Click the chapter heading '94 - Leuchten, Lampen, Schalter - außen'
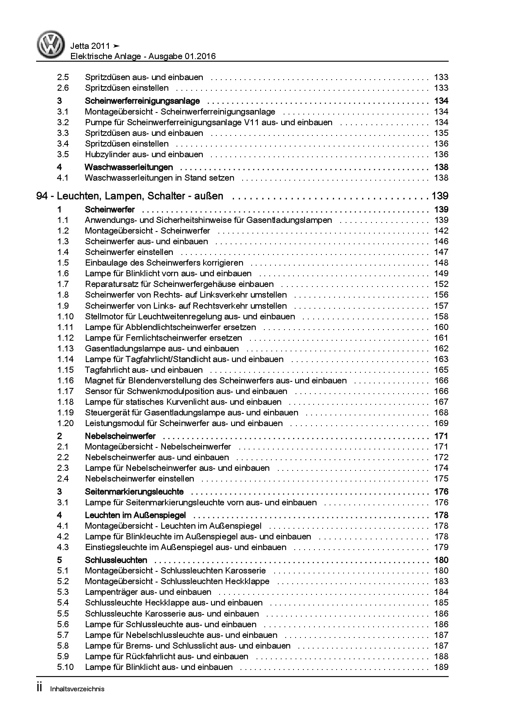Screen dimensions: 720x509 pyautogui.click(x=130, y=196)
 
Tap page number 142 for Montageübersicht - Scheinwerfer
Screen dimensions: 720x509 pyautogui.click(x=441, y=231)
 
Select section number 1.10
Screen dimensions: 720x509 pyautogui.click(x=65, y=316)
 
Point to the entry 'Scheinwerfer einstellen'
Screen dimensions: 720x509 pyautogui.click(x=129, y=252)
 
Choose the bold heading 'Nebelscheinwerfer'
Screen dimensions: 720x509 pyautogui.click(x=120, y=436)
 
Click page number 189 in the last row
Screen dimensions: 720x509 pyautogui.click(x=441, y=667)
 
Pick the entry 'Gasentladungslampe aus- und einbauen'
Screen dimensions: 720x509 pyautogui.click(x=162, y=349)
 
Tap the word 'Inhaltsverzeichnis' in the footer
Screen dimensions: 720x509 pyautogui.click(x=77, y=689)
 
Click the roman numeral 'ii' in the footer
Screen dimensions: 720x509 pyautogui.click(x=39, y=688)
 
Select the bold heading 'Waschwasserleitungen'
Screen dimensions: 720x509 pyautogui.click(x=128, y=167)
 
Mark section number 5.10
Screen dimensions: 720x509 pyautogui.click(x=65, y=667)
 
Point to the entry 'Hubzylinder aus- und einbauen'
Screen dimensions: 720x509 pyautogui.click(x=144, y=154)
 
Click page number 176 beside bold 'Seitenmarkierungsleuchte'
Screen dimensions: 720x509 pyautogui.click(x=441, y=492)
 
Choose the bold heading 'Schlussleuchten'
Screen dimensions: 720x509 pyautogui.click(x=116, y=560)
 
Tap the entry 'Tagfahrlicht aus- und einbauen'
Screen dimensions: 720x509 pyautogui.click(x=144, y=370)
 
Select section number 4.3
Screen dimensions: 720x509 pyautogui.click(x=63, y=547)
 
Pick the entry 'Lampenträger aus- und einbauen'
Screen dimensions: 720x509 pyautogui.click(x=148, y=592)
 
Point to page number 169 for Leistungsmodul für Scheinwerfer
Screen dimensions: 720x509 pyautogui.click(x=441, y=423)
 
